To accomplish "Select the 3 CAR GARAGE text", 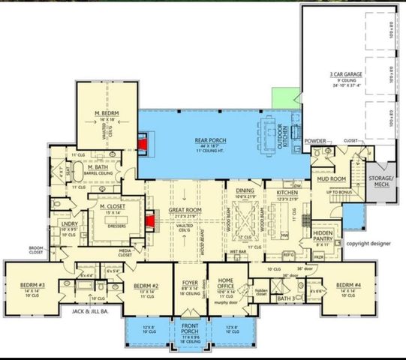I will click(x=346, y=75).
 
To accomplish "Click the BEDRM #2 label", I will click(x=145, y=286).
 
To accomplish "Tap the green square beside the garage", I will click(x=285, y=97).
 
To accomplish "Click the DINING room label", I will click(x=245, y=191).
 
